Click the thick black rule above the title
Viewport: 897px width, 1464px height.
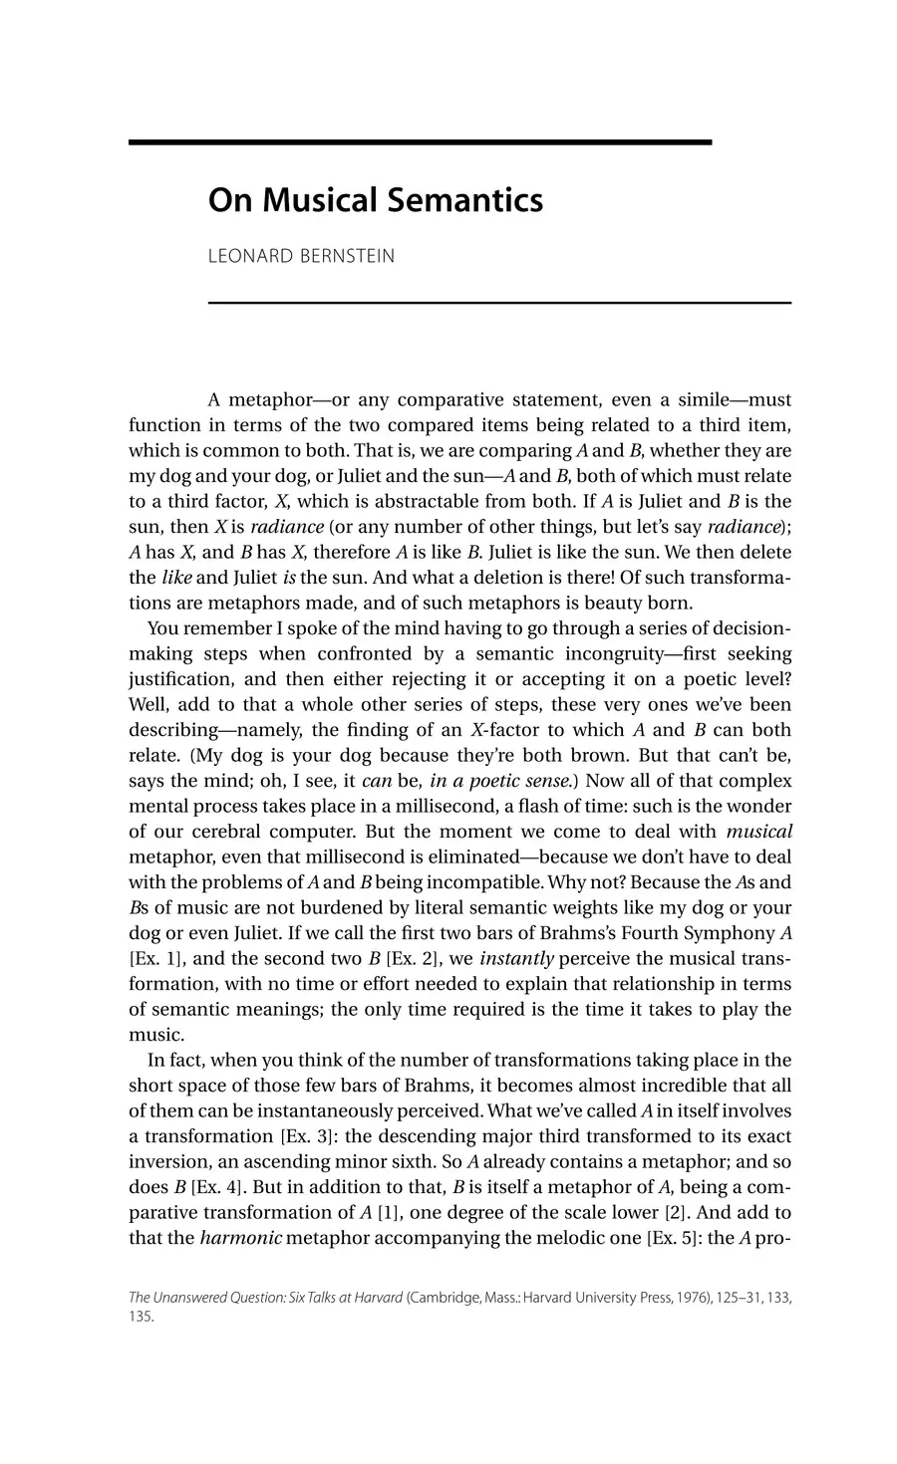[x=420, y=142]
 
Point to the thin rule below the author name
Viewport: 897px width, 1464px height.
[x=499, y=302]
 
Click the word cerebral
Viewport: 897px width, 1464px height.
[x=231, y=831]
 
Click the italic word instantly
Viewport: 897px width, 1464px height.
[x=516, y=958]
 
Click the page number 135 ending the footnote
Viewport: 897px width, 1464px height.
[x=141, y=1316]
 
